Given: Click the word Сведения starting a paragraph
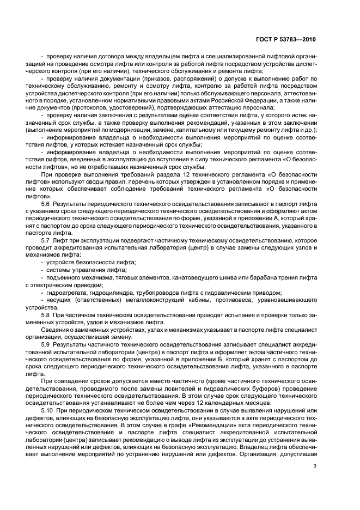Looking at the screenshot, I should click(x=53, y=330).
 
